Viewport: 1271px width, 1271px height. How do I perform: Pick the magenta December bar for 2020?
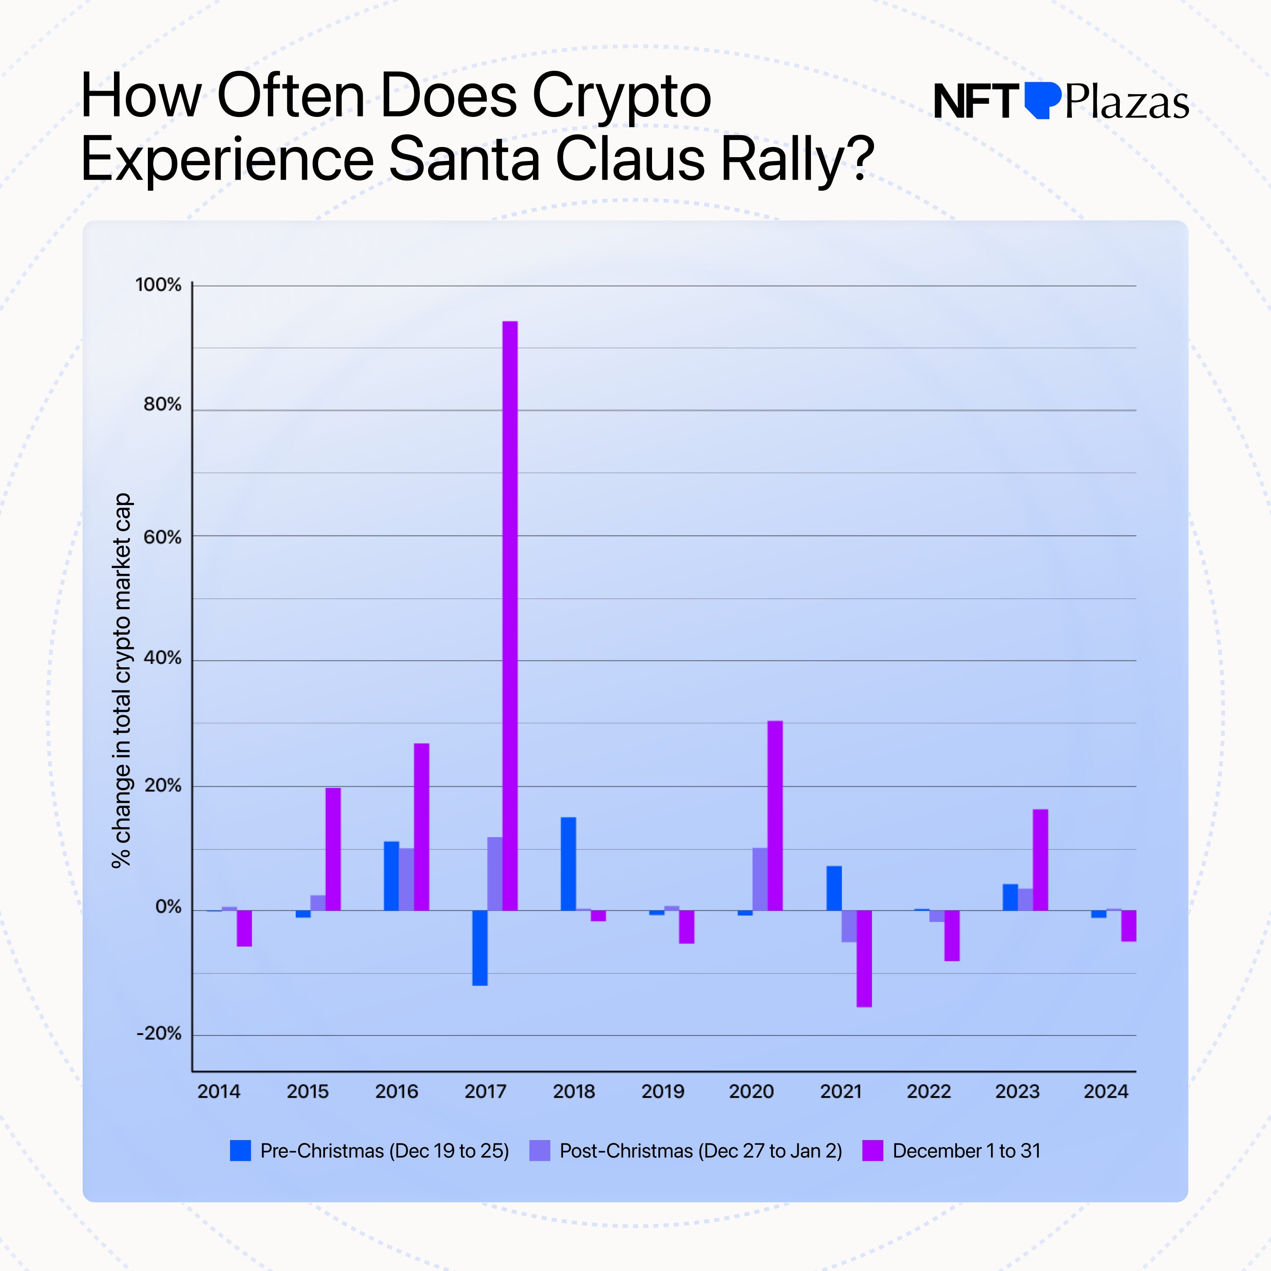click(775, 816)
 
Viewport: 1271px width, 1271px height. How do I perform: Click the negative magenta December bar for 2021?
click(864, 958)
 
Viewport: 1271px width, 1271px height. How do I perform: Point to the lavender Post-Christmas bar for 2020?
click(760, 879)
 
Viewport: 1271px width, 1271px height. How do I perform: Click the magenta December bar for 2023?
click(1040, 860)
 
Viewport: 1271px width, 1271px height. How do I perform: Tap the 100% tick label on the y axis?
click(158, 285)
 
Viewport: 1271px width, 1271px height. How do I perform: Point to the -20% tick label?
click(158, 1033)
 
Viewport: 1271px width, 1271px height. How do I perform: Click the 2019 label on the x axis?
click(663, 1091)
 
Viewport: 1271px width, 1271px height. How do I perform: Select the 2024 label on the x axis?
click(1105, 1091)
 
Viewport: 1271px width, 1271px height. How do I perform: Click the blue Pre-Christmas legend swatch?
click(240, 1151)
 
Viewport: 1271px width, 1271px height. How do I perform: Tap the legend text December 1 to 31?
click(966, 1151)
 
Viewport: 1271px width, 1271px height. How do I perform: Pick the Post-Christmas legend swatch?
click(539, 1151)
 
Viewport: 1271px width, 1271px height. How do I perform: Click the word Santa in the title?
click(464, 158)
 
